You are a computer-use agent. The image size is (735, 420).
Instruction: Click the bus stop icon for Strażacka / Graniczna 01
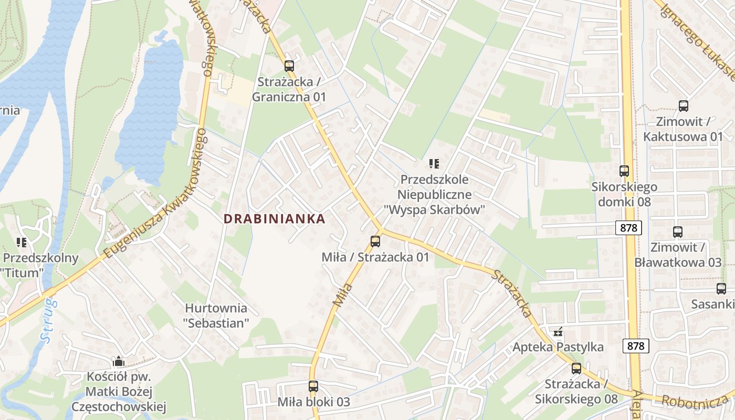289,66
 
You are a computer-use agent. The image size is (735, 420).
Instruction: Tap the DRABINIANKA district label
275,219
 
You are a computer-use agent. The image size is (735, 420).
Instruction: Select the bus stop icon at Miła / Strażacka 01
375,241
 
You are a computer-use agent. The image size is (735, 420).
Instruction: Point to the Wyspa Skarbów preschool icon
434,164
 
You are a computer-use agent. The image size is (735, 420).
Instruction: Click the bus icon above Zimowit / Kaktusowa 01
683,106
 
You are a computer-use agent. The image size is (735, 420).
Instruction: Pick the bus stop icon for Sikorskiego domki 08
624,171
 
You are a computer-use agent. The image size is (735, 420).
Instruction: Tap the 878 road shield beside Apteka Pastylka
636,346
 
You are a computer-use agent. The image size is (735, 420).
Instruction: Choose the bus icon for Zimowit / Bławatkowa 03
677,232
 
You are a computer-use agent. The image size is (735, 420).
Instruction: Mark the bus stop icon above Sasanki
721,288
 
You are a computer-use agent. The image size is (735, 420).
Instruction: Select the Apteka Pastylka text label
558,347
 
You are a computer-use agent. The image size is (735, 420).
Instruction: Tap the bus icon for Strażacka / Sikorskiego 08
576,369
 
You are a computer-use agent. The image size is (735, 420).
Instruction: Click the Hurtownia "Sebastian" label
216,315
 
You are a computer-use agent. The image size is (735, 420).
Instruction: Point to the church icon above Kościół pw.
118,362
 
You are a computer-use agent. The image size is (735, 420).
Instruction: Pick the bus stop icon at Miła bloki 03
313,386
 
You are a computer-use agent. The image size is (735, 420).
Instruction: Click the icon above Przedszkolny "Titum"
22,243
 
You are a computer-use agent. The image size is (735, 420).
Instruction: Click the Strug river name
49,320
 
